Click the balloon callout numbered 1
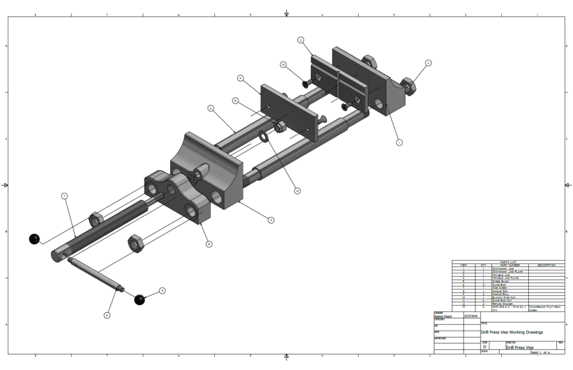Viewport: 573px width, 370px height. [x=399, y=143]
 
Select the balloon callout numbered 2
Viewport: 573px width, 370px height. [x=301, y=40]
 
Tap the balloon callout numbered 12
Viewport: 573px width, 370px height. [x=297, y=191]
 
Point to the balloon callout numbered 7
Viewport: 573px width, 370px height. [x=64, y=196]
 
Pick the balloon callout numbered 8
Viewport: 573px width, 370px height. [x=107, y=315]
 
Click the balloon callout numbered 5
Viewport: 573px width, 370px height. [x=208, y=243]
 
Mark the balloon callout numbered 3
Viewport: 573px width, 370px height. [x=270, y=220]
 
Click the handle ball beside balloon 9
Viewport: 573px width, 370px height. [x=140, y=300]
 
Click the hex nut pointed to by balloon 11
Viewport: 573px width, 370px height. [x=409, y=85]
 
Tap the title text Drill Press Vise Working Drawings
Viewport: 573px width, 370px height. [x=512, y=332]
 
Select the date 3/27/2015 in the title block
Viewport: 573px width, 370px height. [x=471, y=316]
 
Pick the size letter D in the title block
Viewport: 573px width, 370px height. [x=485, y=347]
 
